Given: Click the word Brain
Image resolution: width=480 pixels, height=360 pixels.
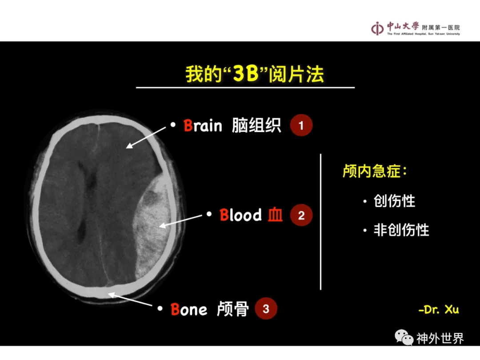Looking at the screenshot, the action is point(203,125).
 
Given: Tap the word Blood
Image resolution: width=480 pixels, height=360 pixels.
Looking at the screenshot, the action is point(240,215).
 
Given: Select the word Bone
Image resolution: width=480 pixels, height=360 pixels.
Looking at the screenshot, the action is point(188,309).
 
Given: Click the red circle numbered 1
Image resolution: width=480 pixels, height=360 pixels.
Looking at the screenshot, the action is point(301,125).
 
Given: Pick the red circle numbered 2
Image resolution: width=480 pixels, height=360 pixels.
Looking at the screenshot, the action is point(301,215).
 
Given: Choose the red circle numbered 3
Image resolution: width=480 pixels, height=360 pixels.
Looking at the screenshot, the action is point(266,308).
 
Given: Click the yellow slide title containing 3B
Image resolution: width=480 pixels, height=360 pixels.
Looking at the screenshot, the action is point(254,74).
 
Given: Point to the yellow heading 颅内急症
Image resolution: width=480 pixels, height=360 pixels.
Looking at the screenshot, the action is point(375,171).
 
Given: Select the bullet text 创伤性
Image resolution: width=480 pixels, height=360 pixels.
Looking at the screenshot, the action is point(394,201).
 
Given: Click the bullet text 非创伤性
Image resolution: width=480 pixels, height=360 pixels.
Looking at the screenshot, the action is point(401,230).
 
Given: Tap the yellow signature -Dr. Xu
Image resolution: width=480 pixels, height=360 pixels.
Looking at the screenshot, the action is point(438,309).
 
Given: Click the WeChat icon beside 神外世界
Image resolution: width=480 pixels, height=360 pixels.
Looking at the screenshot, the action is point(404,337).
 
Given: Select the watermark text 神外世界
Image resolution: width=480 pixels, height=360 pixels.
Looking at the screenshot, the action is point(440,338).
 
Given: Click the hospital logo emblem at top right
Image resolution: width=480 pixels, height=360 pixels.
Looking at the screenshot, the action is point(377,29).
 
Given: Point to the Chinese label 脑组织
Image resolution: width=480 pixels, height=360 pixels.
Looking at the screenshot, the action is point(256,125).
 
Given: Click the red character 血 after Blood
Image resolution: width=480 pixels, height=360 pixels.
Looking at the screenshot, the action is point(275,215).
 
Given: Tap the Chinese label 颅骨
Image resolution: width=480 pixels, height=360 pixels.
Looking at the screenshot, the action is point(232,309).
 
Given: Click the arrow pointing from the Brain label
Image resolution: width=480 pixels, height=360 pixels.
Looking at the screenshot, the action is point(146,137).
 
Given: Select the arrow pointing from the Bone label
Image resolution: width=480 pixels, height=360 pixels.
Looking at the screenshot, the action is point(130,299).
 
